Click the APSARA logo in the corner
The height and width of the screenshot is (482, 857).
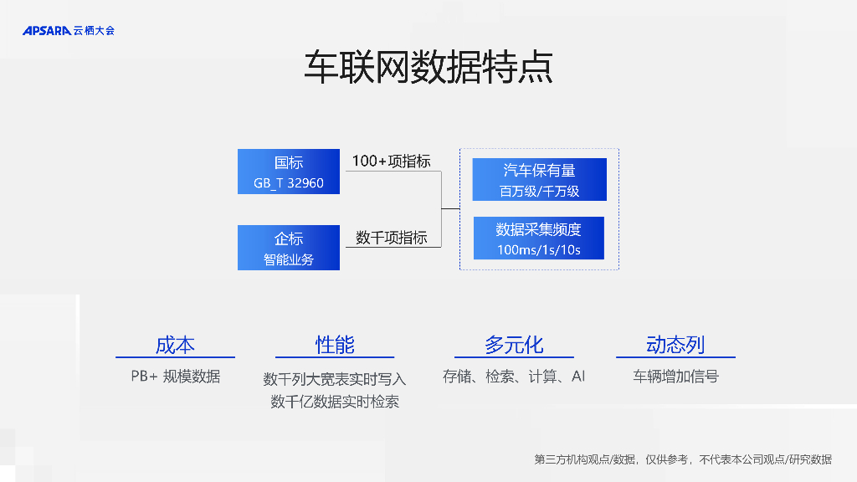pos(68,31)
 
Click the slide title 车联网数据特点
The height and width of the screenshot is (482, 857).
pos(428,68)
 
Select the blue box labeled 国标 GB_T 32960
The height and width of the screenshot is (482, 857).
pos(289,172)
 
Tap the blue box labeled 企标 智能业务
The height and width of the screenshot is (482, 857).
pos(289,248)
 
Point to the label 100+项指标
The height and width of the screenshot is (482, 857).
pos(391,161)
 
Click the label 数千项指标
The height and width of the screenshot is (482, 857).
pos(391,238)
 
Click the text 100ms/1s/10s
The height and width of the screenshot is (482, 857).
pos(539,249)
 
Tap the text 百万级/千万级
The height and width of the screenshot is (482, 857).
pos(539,191)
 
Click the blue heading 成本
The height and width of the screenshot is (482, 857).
pos(175,344)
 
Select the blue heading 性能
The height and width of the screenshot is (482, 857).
pos(335,344)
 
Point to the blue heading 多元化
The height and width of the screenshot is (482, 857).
pos(514,344)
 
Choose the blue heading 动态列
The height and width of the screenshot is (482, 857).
pos(675,344)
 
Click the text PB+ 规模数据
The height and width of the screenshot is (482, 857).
pos(175,377)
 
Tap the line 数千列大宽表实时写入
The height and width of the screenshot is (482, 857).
pos(335,379)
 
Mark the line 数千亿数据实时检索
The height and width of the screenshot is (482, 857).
pos(335,402)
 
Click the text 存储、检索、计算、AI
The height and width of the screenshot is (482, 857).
pos(514,377)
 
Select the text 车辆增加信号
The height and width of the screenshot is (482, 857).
pos(675,377)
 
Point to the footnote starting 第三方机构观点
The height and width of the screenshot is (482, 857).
pos(683,459)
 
